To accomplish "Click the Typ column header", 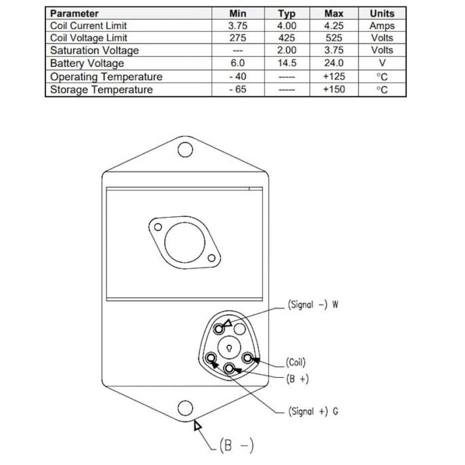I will [x=287, y=13].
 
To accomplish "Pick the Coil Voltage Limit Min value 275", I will [x=238, y=38].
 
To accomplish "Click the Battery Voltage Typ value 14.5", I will [x=287, y=63].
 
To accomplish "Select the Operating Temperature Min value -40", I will [x=238, y=77].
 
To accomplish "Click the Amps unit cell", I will [x=382, y=26].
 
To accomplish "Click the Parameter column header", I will [x=75, y=13].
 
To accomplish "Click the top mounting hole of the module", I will [x=185, y=149].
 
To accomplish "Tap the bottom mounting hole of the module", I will [x=185, y=409].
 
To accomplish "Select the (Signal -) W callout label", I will [x=313, y=305].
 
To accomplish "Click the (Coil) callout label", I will [x=295, y=363].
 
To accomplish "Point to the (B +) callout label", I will [x=298, y=378].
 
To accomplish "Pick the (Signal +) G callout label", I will [x=313, y=411].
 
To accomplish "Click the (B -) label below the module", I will [x=237, y=446].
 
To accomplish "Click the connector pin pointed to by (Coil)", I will [x=248, y=358].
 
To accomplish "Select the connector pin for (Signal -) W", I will [x=220, y=330].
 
